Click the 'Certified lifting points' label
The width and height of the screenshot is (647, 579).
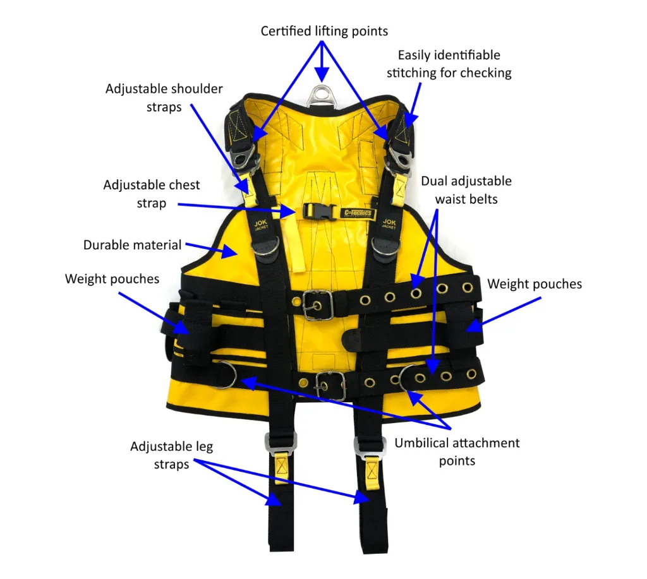[x=324, y=30]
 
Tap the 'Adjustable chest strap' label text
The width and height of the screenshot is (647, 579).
[x=152, y=194]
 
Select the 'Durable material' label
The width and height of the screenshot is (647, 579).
[x=132, y=244]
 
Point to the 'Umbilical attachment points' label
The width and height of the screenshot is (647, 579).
[x=457, y=451]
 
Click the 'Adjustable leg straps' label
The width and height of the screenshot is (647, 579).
[x=171, y=455]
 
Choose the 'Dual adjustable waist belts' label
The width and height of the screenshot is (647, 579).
[x=466, y=190]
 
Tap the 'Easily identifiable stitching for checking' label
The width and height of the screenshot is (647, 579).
[x=449, y=64]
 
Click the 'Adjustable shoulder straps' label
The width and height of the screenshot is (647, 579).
[x=164, y=98]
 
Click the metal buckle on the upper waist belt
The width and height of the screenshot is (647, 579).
[x=317, y=306]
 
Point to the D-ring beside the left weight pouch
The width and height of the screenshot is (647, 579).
[x=224, y=375]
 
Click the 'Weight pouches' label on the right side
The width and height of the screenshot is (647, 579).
[x=535, y=284]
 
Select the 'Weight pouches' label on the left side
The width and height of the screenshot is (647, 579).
[x=112, y=278]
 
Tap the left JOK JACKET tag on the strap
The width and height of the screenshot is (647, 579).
[x=261, y=225]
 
